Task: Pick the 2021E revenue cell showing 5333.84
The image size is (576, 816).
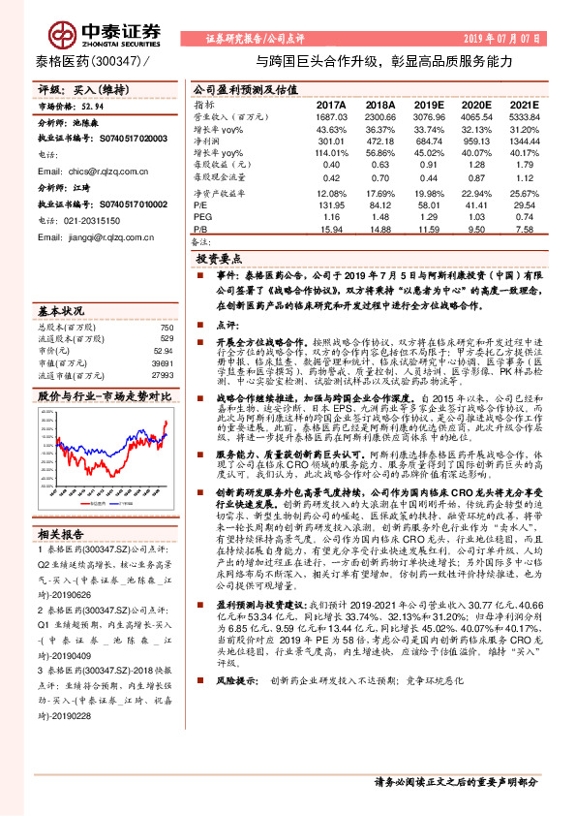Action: click(518, 116)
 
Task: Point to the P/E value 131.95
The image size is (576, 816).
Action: click(331, 205)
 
